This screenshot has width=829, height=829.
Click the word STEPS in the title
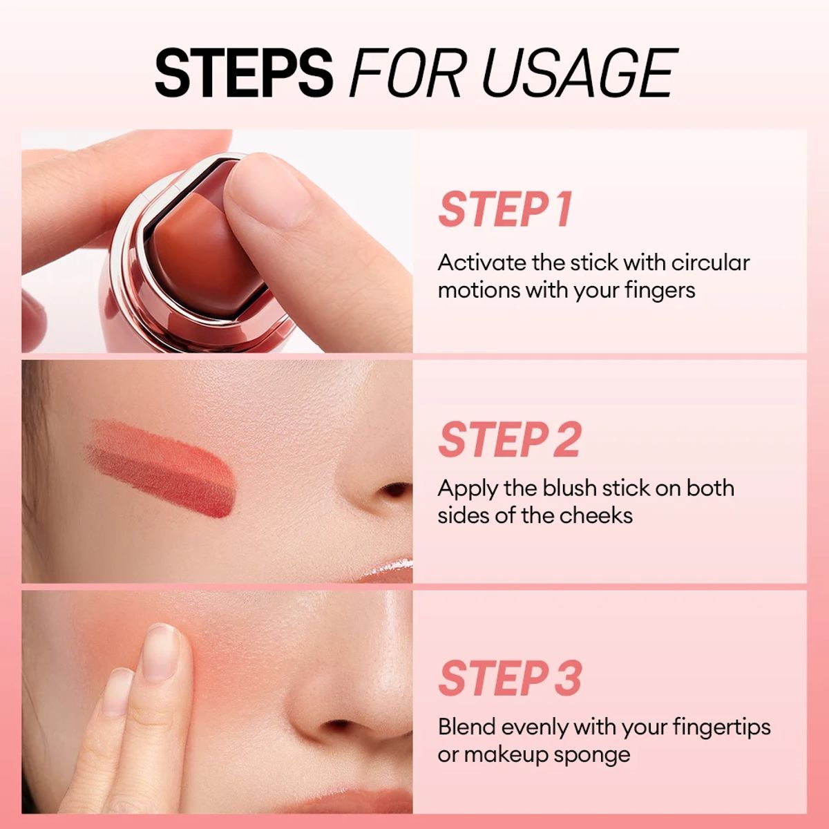(243, 73)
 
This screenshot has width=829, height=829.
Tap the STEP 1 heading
(506, 209)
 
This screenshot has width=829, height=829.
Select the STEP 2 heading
(509, 439)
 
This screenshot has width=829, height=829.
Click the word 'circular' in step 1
(710, 263)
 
